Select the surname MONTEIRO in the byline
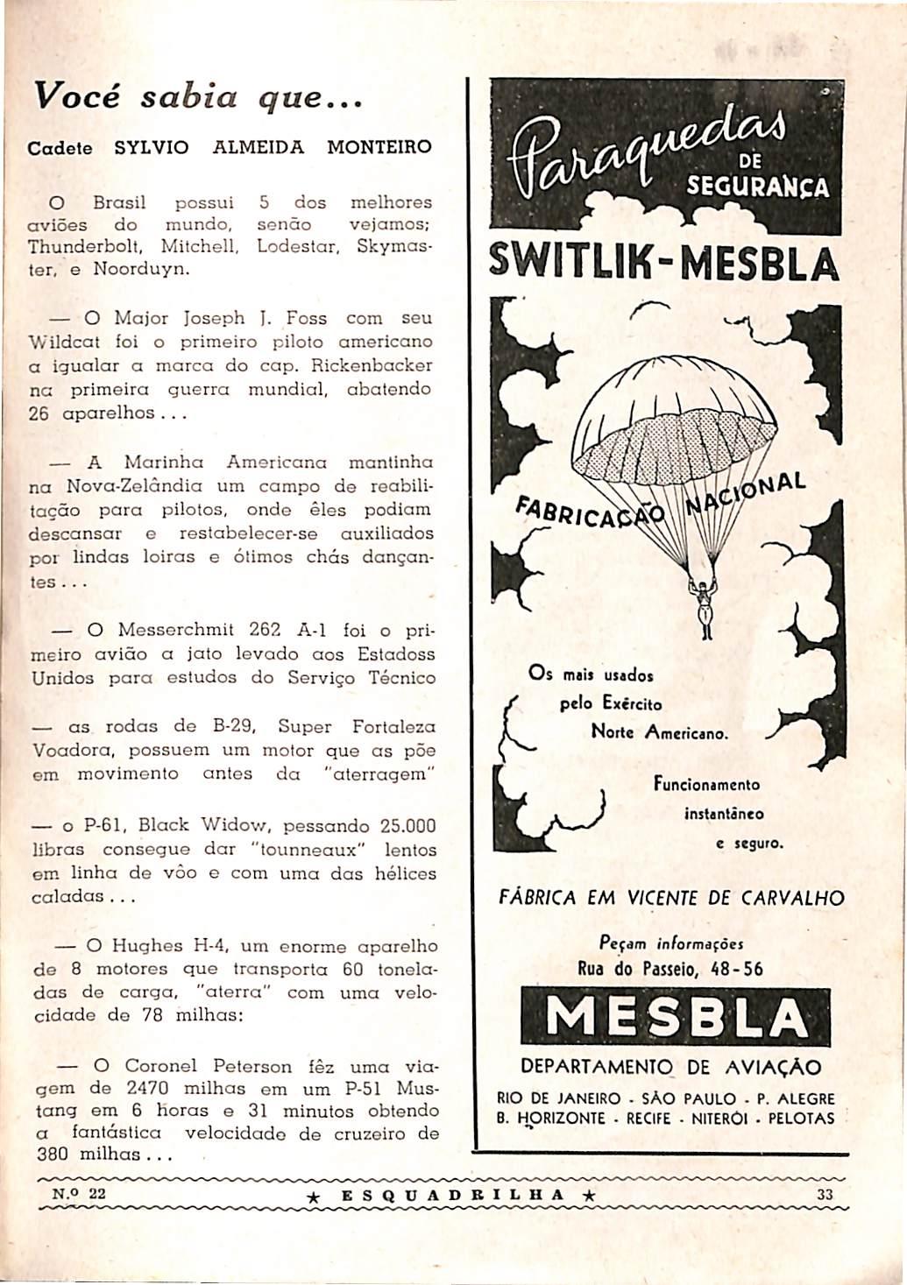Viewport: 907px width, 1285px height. [x=379, y=147]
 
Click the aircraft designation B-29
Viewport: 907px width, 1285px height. [x=233, y=726]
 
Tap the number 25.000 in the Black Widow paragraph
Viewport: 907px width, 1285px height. [x=408, y=826]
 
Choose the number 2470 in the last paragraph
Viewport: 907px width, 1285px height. [x=153, y=1090]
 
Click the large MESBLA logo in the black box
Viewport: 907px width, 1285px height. [x=675, y=1017]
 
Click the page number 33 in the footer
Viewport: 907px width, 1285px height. [x=825, y=1194]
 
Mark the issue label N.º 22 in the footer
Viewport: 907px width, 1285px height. [x=79, y=1193]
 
